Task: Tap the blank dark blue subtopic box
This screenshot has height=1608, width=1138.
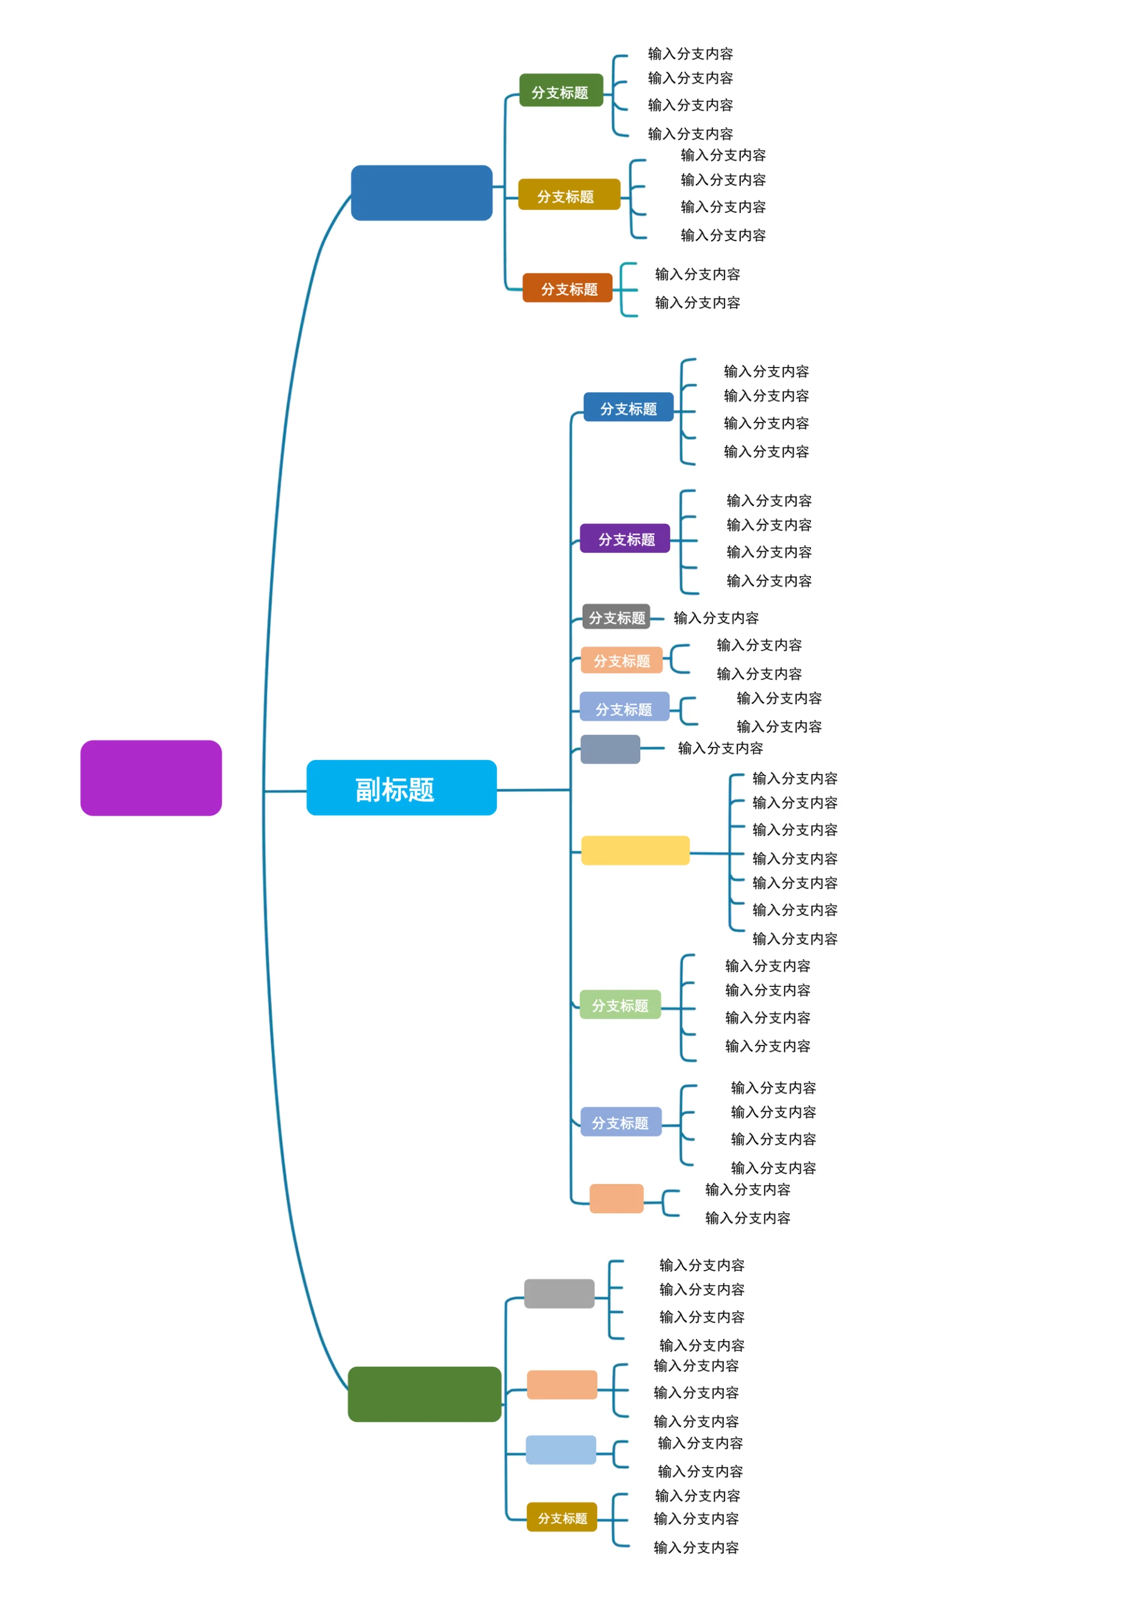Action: pos(421,193)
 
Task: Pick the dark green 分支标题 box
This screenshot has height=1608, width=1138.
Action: pos(561,90)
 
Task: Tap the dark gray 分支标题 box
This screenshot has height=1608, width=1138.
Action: pos(615,616)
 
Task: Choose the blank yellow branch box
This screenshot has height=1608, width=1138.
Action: pos(635,850)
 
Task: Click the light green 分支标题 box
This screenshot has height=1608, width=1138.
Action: pos(619,1004)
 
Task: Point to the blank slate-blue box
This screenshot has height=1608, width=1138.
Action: pos(610,749)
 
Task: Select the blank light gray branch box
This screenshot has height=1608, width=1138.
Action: pos(558,1293)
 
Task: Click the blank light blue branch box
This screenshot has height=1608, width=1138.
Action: pos(560,1449)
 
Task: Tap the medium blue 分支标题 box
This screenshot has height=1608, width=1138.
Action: pos(628,407)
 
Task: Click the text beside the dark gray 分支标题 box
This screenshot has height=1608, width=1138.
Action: pos(715,617)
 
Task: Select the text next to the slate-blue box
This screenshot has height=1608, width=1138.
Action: pos(720,747)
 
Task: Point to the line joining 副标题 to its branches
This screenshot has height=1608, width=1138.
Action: pos(533,789)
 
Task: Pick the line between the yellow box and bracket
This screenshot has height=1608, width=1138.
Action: pos(708,853)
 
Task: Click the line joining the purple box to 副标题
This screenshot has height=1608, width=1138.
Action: pos(284,791)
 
